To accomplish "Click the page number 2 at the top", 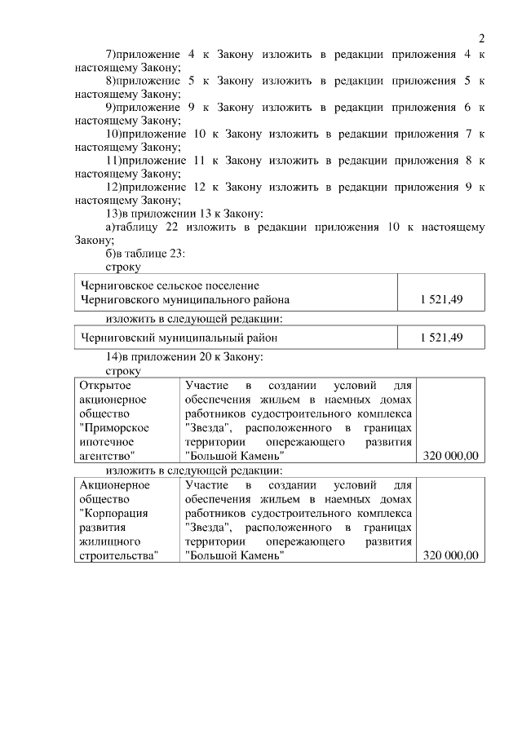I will (481, 38).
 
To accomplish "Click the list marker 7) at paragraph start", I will (112, 55).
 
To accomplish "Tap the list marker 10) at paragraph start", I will (115, 135).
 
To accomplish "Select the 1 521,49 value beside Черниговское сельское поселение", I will (441, 300).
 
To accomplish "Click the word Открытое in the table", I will (106, 384).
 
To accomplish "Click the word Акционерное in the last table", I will (114, 485).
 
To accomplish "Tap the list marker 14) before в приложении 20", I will (115, 357).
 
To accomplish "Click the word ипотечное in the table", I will (108, 441).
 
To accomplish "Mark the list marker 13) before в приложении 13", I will (115, 214).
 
